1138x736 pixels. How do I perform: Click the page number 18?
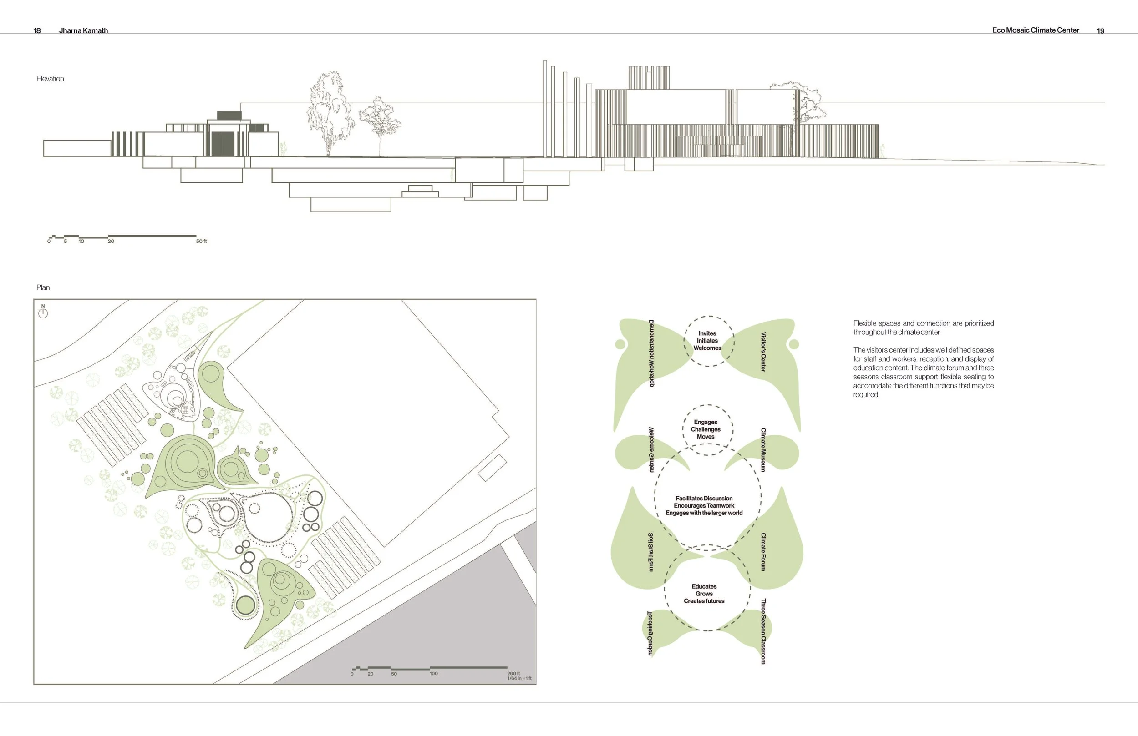click(x=37, y=30)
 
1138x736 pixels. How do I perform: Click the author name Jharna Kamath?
click(x=83, y=30)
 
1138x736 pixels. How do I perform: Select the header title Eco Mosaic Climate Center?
click(x=1035, y=30)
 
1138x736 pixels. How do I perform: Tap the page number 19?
click(x=1100, y=30)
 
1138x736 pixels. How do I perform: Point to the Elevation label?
click(x=50, y=78)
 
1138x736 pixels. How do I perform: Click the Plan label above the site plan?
click(x=43, y=287)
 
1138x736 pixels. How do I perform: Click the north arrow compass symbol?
click(x=43, y=312)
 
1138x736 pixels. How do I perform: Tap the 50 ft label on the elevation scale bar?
click(x=201, y=242)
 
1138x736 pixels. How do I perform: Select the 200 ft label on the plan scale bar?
click(x=513, y=673)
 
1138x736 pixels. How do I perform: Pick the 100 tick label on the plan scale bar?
click(x=433, y=674)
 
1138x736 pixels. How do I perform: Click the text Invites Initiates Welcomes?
click(x=707, y=341)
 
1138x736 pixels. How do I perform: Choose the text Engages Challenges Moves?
click(x=705, y=429)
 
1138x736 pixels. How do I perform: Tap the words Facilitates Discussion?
click(x=704, y=499)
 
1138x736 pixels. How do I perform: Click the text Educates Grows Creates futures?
click(x=704, y=594)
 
